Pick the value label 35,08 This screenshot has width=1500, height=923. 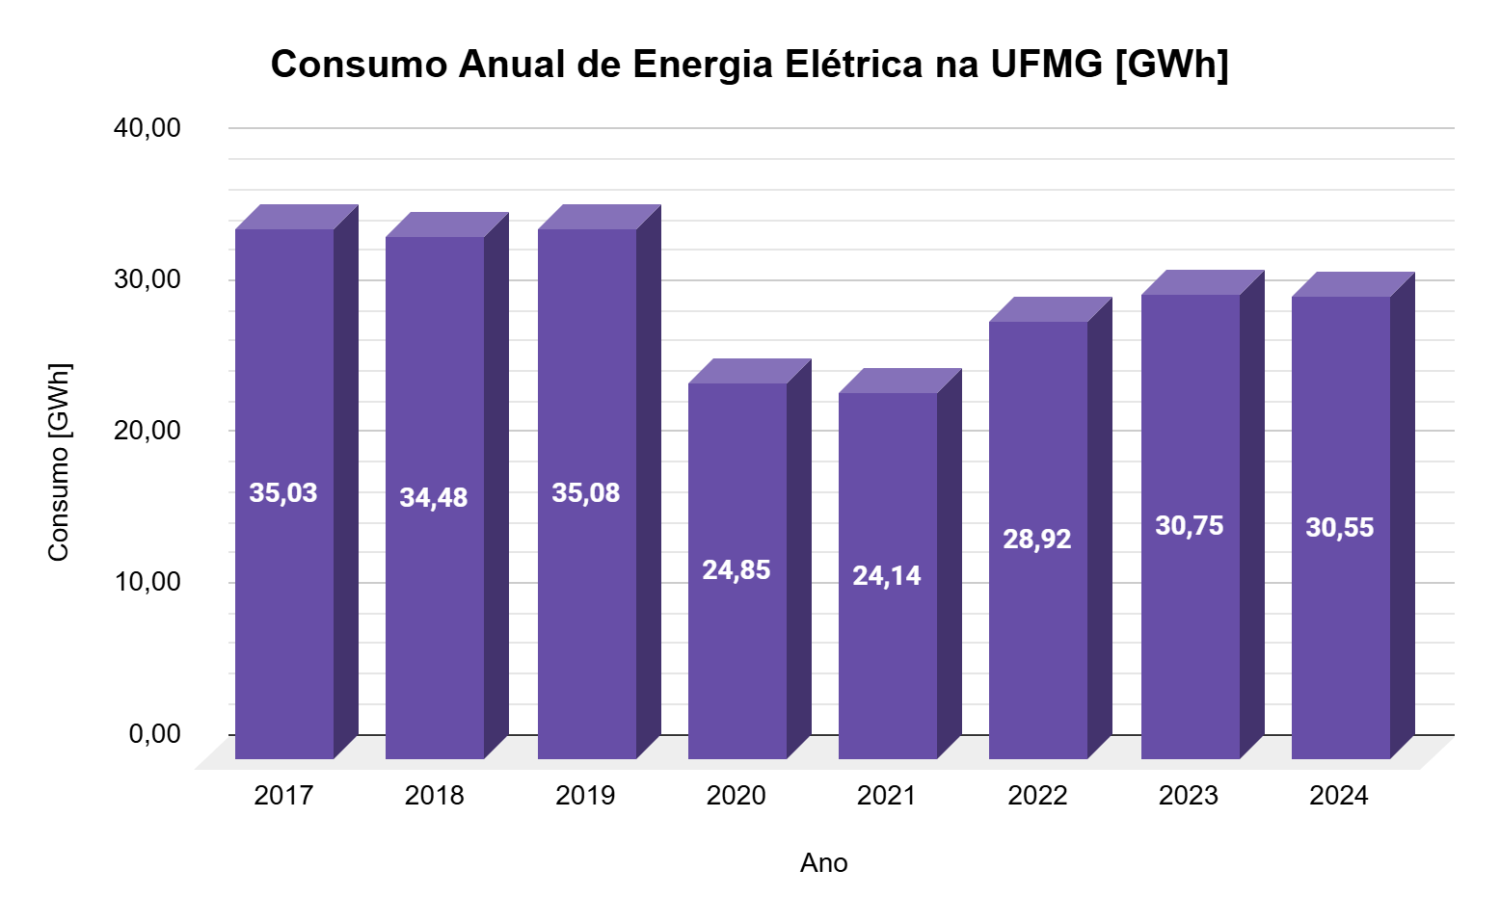[585, 493]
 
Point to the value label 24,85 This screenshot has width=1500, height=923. [737, 570]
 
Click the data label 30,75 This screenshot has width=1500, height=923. [1189, 526]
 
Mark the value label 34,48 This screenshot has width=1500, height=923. [434, 498]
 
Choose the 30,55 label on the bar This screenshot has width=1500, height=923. [1340, 528]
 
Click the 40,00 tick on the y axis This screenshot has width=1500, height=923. [147, 128]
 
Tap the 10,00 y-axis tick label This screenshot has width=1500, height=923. [147, 582]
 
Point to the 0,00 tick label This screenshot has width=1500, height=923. [155, 734]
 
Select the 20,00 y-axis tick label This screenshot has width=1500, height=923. [147, 431]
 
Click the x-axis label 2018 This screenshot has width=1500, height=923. [434, 796]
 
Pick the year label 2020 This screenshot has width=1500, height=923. [737, 796]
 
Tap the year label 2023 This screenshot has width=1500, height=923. [1189, 796]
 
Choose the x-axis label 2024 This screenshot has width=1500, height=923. [1339, 796]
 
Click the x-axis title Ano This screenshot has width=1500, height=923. [823, 863]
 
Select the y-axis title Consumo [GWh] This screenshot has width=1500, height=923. [60, 462]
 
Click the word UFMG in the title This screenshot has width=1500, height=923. [1046, 65]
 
